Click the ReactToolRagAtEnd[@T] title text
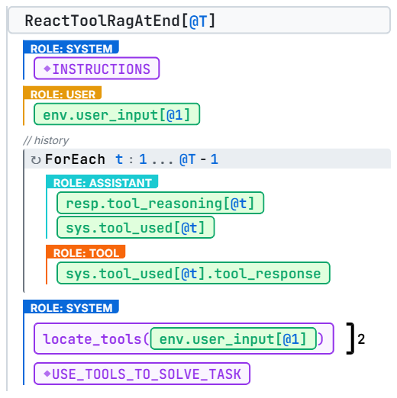(x=120, y=21)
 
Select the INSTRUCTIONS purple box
(x=97, y=69)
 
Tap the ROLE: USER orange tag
(x=63, y=93)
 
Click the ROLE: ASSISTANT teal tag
(x=102, y=181)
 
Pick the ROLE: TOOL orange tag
(x=86, y=252)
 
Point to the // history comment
(x=46, y=140)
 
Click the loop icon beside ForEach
(x=36, y=160)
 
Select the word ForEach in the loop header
(x=75, y=159)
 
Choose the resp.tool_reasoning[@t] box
(x=160, y=203)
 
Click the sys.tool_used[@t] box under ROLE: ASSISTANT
(x=136, y=227)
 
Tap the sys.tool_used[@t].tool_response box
(x=193, y=273)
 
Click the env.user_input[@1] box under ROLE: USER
(x=117, y=114)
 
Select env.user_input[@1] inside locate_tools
(x=234, y=339)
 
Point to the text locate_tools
(x=92, y=339)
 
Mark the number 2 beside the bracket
(x=361, y=339)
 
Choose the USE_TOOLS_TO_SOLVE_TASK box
(x=142, y=374)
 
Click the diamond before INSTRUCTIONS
(x=47, y=69)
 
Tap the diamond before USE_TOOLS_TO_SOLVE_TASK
(x=47, y=374)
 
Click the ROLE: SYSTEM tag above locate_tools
(x=71, y=307)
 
